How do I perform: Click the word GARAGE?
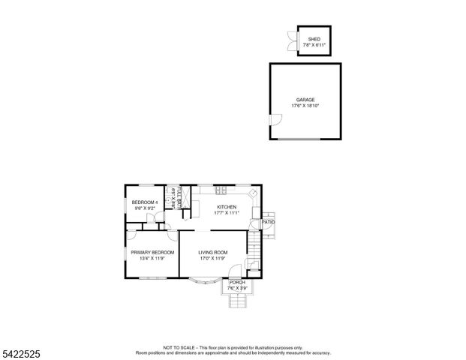coord(305,99)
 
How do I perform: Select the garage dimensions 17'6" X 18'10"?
coord(305,105)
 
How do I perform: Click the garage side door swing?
coord(273,121)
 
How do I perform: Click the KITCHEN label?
coord(227,207)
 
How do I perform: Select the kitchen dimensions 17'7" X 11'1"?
coord(227,213)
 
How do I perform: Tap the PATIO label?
coord(269,222)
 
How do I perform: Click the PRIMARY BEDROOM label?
coord(152,253)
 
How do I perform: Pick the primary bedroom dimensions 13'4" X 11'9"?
coord(152,259)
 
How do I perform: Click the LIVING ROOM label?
coord(213,253)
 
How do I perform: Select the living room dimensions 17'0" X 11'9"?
coord(213,259)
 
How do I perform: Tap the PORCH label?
coord(237,282)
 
